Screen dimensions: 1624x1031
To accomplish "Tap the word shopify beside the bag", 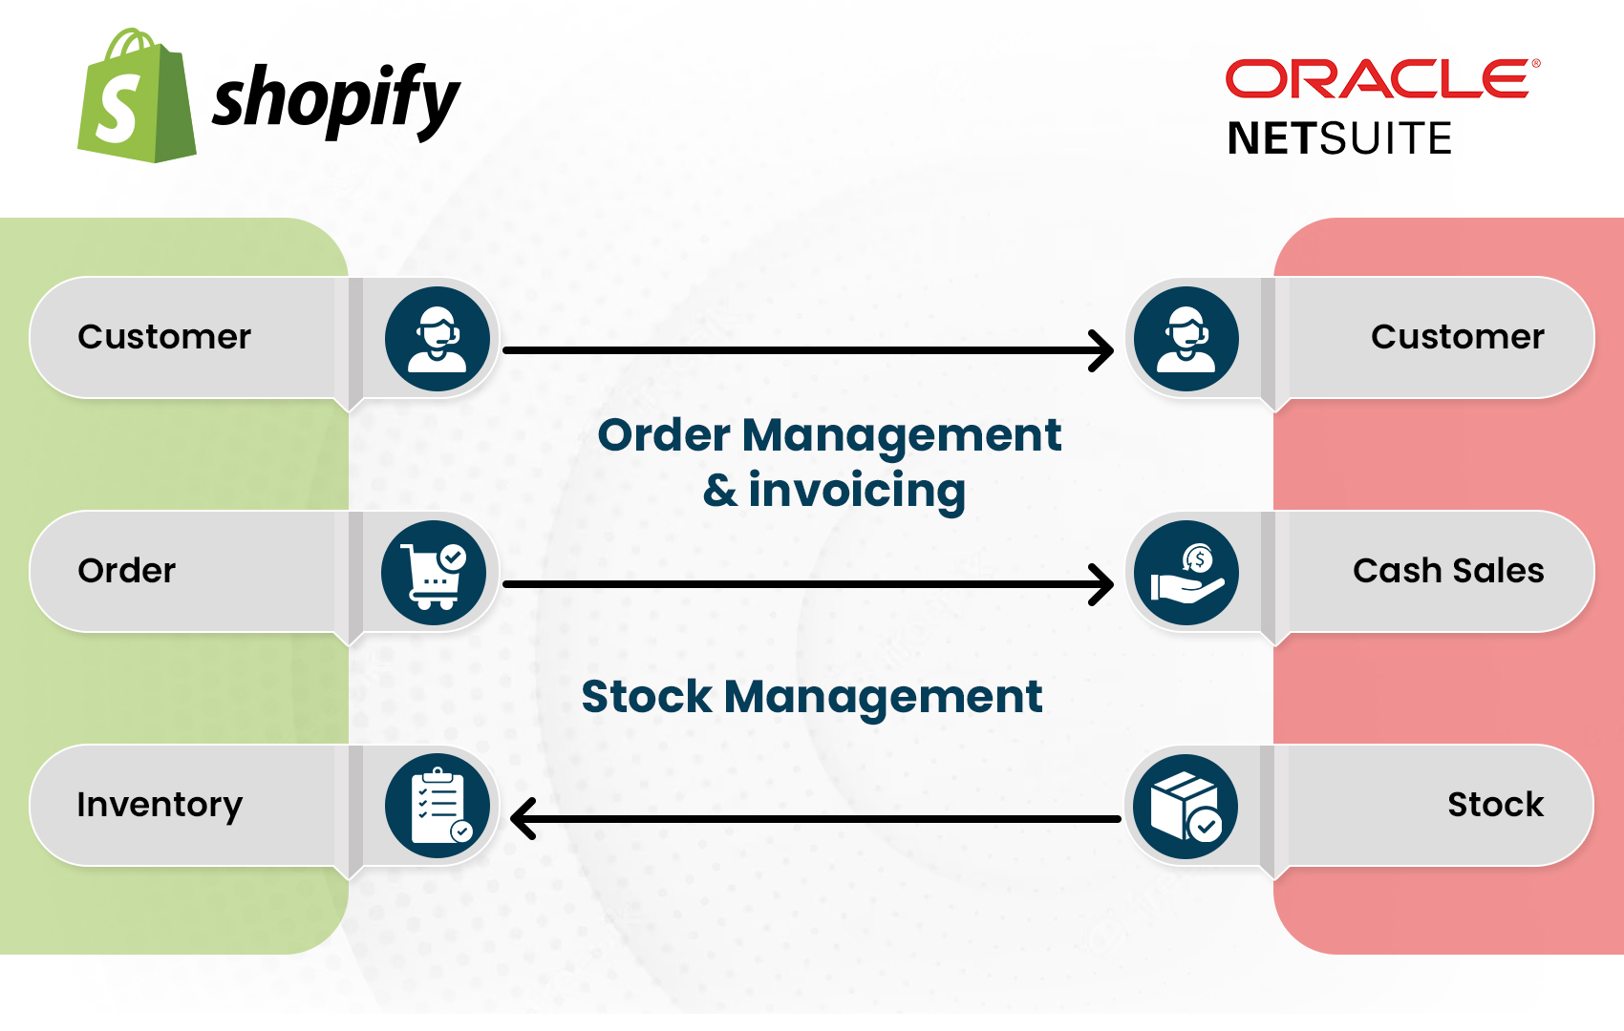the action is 336,101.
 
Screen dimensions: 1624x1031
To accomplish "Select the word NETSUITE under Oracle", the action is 1339,138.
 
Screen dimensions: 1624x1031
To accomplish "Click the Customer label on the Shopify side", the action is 164,337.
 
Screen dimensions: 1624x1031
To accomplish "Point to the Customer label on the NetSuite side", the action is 1457,337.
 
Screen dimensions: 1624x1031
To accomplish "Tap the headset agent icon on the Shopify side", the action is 438,339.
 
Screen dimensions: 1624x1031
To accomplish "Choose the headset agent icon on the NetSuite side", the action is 1186,339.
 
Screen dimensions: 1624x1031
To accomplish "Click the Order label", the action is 127,571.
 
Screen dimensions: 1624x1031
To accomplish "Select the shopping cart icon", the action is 435,573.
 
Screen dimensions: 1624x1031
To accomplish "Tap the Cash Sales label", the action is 1448,571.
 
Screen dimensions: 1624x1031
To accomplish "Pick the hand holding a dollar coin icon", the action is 1186,573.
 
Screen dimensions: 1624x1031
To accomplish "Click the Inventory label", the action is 160,806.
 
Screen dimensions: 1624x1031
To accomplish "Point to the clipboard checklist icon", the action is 438,807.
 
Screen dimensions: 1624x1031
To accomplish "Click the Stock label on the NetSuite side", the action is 1496,805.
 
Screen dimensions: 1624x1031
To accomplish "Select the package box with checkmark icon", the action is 1186,807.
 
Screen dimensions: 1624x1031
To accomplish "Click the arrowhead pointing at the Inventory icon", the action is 522,819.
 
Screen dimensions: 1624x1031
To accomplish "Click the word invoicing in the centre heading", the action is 857,491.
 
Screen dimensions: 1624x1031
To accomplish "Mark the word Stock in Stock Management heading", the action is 647,696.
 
